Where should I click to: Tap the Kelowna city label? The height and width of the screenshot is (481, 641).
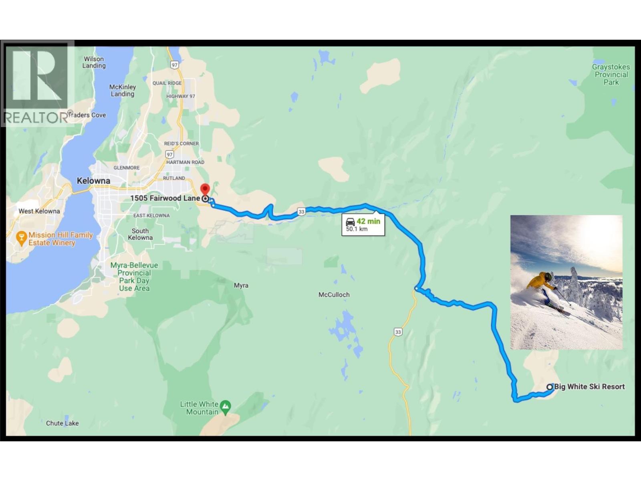point(93,181)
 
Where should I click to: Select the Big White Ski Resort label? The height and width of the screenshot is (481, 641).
point(589,387)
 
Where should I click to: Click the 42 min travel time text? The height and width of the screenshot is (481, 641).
point(368,221)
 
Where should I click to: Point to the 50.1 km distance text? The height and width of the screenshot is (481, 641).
point(357,229)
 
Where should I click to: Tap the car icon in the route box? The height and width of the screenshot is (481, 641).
point(350,222)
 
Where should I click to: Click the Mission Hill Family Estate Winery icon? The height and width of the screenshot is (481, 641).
point(21,238)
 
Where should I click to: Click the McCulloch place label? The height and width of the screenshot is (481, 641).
point(334,295)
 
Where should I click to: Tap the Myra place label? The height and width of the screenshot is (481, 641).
point(241,285)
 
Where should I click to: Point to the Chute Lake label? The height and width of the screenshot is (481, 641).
point(62,423)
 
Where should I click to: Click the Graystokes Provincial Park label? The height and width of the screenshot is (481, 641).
point(611,75)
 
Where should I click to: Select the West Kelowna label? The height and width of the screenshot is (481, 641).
point(39,211)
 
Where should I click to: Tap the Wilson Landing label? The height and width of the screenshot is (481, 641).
point(94,62)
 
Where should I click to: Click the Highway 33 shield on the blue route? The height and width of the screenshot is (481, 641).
point(301,212)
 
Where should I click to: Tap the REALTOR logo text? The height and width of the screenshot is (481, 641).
point(35,118)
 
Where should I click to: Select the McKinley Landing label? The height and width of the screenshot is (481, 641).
point(123,90)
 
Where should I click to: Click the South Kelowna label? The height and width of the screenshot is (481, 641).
point(140,234)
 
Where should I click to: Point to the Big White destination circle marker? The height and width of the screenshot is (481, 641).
point(550,387)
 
